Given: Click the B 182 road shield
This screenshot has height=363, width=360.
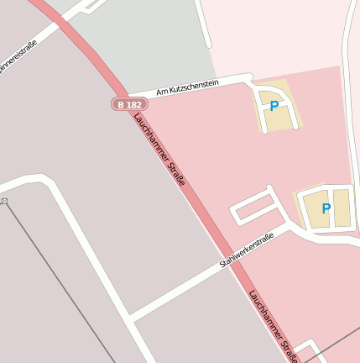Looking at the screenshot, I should pos(129,104).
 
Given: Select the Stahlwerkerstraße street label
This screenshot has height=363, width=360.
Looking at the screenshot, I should pos(247,250).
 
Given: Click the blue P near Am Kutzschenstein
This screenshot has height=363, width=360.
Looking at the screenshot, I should pos(274,107).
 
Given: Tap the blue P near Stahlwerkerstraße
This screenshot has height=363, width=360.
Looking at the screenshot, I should pos(326,208).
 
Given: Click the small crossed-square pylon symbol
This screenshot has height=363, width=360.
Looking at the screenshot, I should pos(3,202).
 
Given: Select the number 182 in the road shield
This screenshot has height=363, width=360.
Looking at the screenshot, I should pos(134,104).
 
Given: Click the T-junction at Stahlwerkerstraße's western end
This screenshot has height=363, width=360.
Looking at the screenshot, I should pos(128,318).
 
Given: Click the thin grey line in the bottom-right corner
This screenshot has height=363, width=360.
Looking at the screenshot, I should pos(336,345).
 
